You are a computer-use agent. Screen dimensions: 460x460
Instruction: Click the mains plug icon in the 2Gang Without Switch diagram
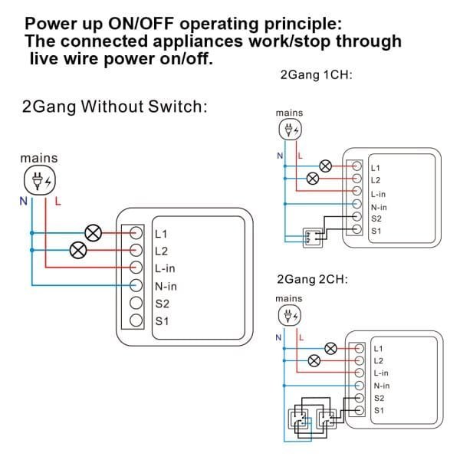(40, 180)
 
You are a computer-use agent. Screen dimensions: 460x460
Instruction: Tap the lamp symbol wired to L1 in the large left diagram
(94, 233)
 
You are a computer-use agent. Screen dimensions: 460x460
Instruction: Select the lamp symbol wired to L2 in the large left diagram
(78, 250)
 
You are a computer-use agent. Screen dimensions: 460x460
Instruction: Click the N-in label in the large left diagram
(166, 286)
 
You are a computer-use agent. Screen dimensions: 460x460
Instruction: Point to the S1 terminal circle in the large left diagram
(136, 320)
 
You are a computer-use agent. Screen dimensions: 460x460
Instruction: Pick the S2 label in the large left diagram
(163, 304)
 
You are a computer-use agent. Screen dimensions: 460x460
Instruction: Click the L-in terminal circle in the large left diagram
(136, 268)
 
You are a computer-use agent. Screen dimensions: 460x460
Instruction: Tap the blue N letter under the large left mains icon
(24, 201)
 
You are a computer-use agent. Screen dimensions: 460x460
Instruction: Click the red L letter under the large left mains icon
(58, 201)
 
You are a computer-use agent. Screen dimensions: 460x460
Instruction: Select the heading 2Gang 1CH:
(316, 75)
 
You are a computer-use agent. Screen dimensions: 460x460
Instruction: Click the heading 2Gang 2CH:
(313, 279)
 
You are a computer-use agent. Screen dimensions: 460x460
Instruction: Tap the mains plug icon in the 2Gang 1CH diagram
(290, 130)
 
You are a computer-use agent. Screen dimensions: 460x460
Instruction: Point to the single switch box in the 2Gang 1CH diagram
(313, 238)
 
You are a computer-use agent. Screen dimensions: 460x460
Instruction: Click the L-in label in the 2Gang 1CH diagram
(378, 194)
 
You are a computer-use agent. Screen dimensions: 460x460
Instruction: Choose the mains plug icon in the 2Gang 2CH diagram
(289, 315)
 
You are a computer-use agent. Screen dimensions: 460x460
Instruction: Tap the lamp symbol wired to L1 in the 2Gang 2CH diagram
(331, 349)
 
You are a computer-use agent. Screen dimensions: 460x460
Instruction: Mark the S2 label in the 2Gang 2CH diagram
(379, 398)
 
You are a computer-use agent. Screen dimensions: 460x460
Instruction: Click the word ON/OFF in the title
(141, 24)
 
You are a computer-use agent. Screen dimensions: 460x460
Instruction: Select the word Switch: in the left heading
(178, 107)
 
